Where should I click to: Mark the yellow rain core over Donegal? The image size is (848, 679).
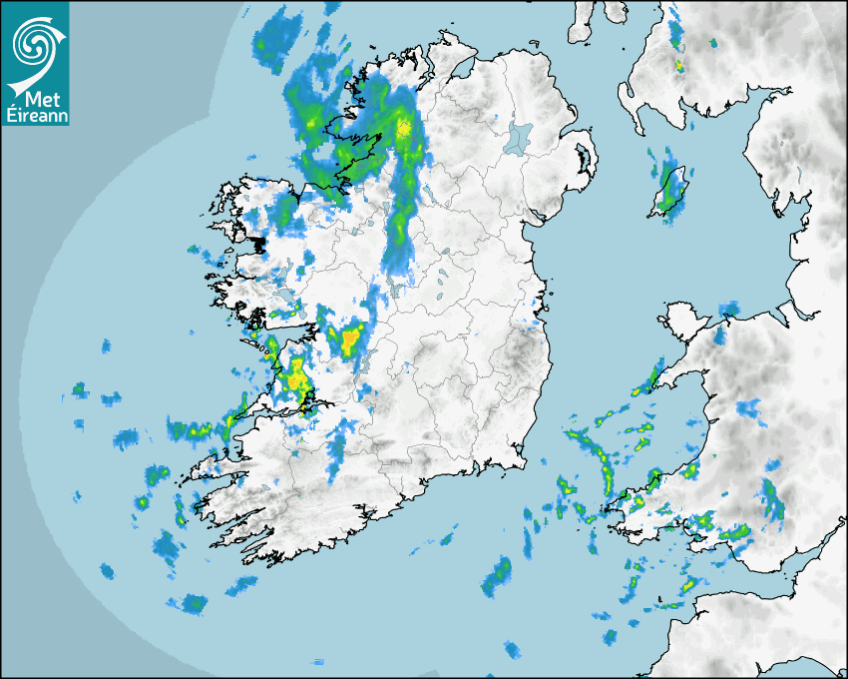tap(404, 128)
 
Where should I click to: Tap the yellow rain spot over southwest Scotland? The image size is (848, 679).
tap(678, 64)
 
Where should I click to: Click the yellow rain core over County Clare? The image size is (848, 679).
tap(294, 379)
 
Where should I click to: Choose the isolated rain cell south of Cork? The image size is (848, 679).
tap(496, 577)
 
